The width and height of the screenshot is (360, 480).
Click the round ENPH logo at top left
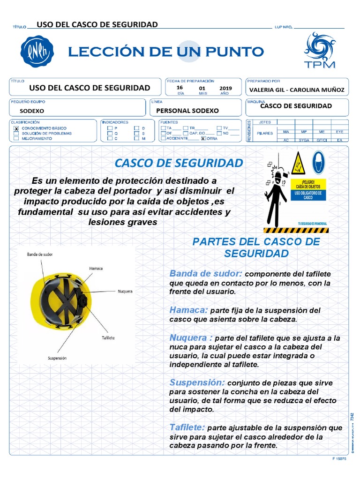tap(37, 52)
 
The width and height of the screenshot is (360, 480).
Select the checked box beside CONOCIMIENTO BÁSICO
tap(16, 128)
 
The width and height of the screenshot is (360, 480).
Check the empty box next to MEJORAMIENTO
tap(16, 139)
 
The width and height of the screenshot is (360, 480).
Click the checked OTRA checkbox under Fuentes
tap(203, 139)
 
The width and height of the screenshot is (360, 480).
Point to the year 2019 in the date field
tap(225, 88)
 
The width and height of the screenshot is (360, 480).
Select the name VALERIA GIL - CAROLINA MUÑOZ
tap(297, 90)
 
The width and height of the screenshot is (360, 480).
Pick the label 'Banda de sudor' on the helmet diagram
tap(40, 254)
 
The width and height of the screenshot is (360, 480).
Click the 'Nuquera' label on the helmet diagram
tap(125, 291)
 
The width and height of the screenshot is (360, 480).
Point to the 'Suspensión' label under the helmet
tap(57, 358)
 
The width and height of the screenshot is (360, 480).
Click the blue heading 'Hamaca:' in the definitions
tap(188, 310)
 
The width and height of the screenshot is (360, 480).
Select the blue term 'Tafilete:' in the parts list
tap(187, 427)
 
